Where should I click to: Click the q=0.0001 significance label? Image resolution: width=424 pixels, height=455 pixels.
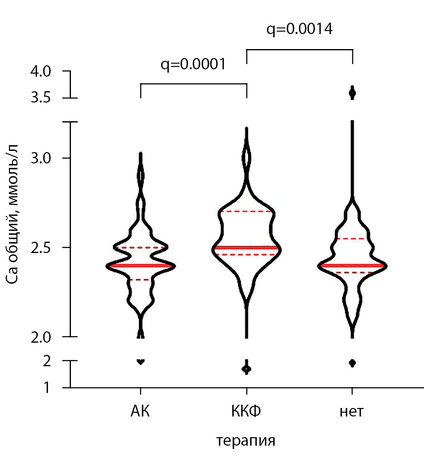pos(193,64)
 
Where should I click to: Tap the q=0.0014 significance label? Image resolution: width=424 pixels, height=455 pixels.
pos(300,29)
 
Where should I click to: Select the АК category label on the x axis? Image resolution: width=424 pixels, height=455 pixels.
pos(140,412)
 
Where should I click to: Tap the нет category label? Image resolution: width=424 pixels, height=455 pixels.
pos(352,412)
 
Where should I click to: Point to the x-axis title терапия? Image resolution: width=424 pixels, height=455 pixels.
pos(246,440)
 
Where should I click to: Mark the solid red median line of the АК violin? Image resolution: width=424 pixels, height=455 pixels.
pos(140,266)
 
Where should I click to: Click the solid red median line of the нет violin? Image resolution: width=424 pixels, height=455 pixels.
pos(352,266)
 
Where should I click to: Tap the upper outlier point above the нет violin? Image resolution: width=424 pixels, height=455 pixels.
pos(352,93)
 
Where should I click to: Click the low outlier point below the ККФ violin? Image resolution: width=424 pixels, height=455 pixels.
pos(246,369)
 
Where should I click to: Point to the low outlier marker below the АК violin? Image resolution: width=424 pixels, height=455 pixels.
pos(141,361)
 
